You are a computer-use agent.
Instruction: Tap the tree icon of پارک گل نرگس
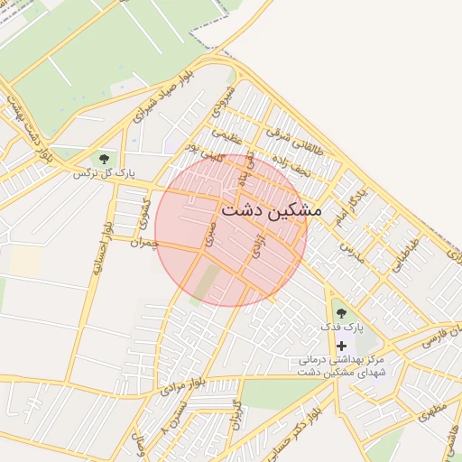click(105, 159)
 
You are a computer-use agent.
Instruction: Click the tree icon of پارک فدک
click(340, 312)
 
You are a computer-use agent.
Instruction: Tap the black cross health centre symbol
click(341, 346)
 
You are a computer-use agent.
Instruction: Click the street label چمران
click(143, 243)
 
